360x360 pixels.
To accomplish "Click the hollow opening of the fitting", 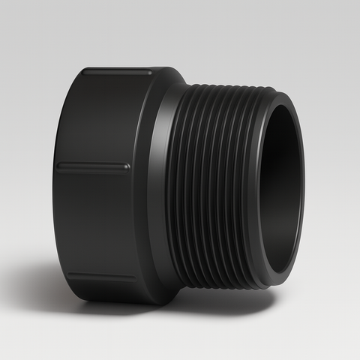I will [283, 187].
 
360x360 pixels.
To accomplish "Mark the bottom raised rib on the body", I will [105, 277].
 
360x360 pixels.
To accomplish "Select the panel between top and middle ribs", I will [94, 120].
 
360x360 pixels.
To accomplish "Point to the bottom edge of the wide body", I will [112, 301].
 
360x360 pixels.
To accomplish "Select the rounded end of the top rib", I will [149, 73].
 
